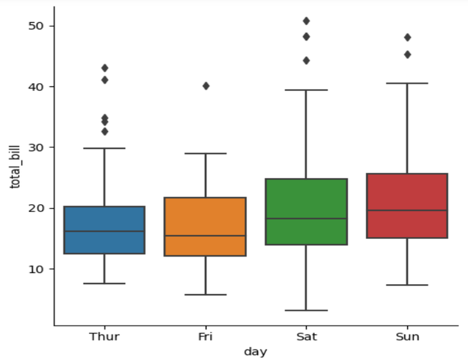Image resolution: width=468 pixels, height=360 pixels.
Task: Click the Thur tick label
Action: [104, 337]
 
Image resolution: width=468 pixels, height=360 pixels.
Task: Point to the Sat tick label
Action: [306, 337]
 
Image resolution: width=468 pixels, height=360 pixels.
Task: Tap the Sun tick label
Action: [406, 337]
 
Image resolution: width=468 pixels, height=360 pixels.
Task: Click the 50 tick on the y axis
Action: [36, 26]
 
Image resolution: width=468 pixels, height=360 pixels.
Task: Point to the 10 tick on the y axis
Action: [36, 269]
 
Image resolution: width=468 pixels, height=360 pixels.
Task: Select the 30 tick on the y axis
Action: [36, 148]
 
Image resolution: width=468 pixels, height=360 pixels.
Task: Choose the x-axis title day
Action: [255, 352]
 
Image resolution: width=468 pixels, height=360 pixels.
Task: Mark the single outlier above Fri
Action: [206, 86]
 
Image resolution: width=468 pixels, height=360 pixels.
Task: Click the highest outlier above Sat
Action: [306, 21]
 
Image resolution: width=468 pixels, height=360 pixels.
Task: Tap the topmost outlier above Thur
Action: [104, 68]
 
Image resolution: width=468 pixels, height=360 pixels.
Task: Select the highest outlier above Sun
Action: [406, 37]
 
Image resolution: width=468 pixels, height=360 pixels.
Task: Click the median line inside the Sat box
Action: [306, 219]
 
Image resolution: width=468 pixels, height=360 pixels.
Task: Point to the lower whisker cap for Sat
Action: [306, 310]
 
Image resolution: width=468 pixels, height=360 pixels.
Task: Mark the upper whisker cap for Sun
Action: [406, 84]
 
